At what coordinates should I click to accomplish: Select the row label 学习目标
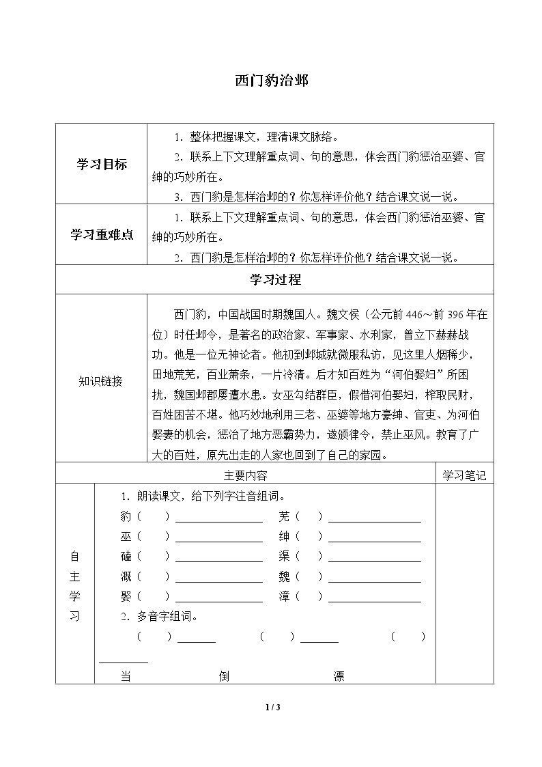click(x=101, y=165)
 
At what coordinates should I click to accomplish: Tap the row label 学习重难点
click(x=101, y=234)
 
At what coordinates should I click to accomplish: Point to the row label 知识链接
click(x=101, y=382)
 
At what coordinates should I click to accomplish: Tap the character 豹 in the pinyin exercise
click(x=126, y=516)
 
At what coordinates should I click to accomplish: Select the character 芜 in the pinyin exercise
click(x=285, y=516)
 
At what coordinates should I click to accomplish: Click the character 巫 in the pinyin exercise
click(x=126, y=536)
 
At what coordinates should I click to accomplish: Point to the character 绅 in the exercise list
click(x=285, y=536)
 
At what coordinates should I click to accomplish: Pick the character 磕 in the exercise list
click(x=126, y=556)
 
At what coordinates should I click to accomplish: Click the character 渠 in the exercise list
click(x=285, y=556)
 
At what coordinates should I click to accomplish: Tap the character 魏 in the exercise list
click(x=285, y=576)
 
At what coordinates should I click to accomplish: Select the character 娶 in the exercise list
click(x=126, y=596)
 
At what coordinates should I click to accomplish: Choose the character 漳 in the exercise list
click(x=285, y=596)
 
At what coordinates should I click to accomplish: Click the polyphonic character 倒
click(x=224, y=676)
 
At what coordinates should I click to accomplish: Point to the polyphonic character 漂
click(x=339, y=676)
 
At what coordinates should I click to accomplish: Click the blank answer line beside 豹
click(x=218, y=519)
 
